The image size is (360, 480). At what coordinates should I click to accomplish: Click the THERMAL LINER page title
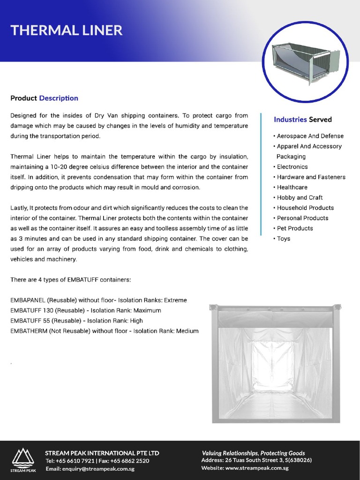tap(66, 30)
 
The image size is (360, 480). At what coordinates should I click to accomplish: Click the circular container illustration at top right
tap(305, 62)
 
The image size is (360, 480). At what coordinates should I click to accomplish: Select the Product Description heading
tap(44, 98)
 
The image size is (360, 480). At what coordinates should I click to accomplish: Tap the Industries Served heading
tap(302, 120)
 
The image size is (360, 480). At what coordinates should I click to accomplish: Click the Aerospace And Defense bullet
tap(310, 136)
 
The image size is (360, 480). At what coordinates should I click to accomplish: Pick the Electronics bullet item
tap(292, 167)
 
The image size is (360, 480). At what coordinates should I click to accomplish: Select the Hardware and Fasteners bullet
tap(311, 177)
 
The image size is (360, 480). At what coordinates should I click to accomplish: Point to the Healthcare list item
tap(292, 187)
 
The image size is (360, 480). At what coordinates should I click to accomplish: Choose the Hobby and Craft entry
tap(300, 198)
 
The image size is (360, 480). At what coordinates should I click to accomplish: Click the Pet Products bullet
tap(294, 228)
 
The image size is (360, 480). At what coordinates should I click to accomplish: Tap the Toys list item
tap(283, 239)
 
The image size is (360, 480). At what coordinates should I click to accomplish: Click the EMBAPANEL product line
tap(98, 300)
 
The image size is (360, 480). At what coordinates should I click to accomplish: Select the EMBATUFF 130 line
tap(85, 310)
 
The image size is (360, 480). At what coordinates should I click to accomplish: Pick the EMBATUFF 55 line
tap(76, 321)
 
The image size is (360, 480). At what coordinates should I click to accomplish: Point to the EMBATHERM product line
tap(104, 331)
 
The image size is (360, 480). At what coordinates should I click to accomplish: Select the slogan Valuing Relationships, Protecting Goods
tap(253, 453)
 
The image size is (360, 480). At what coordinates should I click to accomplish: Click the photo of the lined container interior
tap(276, 363)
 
